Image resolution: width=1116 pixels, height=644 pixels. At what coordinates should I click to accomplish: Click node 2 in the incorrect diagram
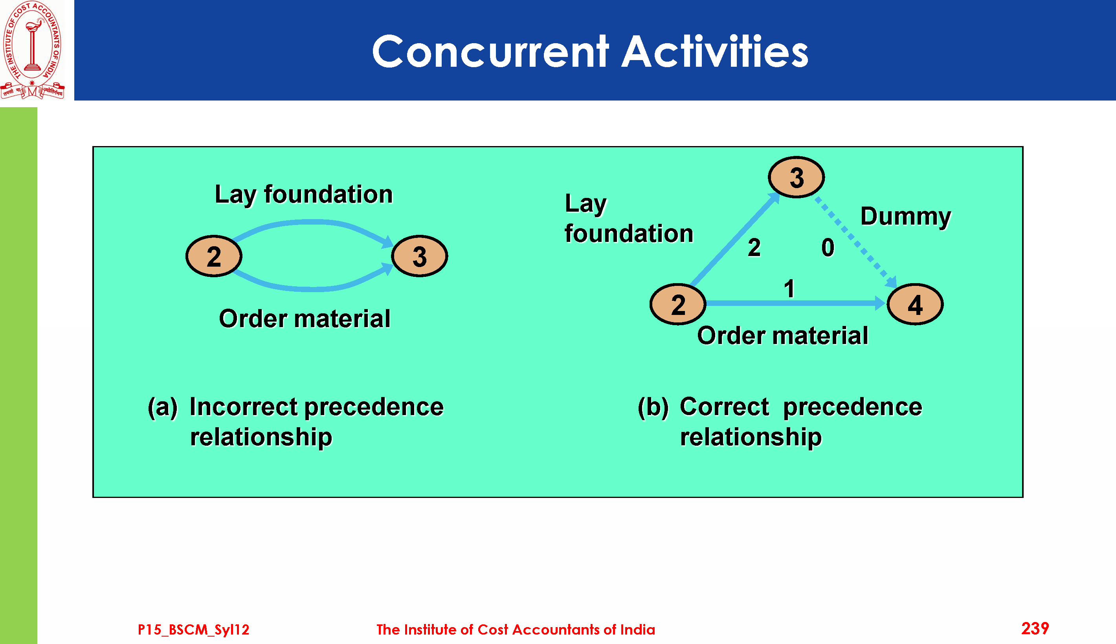pyautogui.click(x=214, y=256)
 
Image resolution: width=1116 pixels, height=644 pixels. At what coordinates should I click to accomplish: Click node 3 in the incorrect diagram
pyautogui.click(x=420, y=256)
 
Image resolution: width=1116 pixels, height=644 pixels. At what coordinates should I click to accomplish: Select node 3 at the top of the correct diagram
pyautogui.click(x=796, y=177)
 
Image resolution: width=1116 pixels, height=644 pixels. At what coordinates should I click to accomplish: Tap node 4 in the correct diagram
pyautogui.click(x=915, y=304)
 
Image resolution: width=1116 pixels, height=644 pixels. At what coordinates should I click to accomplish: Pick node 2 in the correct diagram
pyautogui.click(x=678, y=304)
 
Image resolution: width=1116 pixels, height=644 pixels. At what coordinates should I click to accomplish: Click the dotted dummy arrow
pyautogui.click(x=856, y=242)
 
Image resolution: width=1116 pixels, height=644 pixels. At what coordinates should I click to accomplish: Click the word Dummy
pyautogui.click(x=905, y=217)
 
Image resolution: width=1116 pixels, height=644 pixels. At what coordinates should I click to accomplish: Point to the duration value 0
pyautogui.click(x=828, y=248)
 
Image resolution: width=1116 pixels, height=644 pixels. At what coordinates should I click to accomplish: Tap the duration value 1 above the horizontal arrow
pyautogui.click(x=789, y=289)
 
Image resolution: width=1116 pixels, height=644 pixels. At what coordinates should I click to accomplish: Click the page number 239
pyautogui.click(x=1035, y=629)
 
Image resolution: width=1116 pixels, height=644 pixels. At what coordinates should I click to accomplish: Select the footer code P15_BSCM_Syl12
pyautogui.click(x=193, y=630)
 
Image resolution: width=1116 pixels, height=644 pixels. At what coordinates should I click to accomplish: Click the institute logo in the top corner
pyautogui.click(x=32, y=49)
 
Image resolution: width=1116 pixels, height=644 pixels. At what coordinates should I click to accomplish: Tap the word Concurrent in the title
pyautogui.click(x=490, y=52)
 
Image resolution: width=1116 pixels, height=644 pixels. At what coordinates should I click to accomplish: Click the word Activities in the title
pyautogui.click(x=715, y=52)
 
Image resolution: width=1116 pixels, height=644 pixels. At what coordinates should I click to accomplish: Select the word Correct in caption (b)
pyautogui.click(x=724, y=407)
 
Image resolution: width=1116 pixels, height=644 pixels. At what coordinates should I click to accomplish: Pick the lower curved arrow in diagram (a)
pyautogui.click(x=313, y=289)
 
